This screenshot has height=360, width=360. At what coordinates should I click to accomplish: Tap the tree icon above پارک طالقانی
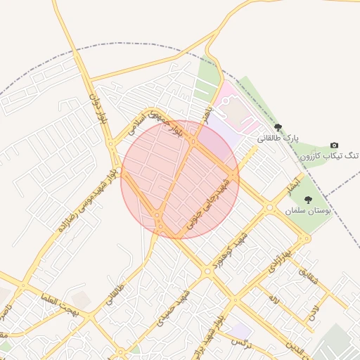click(278, 127)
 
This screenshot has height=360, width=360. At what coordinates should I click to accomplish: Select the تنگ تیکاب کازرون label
click(330, 155)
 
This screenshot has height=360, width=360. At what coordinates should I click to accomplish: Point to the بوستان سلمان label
click(308, 210)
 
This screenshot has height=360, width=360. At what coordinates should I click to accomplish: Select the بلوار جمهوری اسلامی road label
click(158, 125)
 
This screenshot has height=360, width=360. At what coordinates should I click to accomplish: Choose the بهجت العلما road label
click(57, 304)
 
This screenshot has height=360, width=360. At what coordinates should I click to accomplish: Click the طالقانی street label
click(117, 295)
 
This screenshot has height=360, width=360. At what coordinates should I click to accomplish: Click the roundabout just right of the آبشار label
click(269, 207)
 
